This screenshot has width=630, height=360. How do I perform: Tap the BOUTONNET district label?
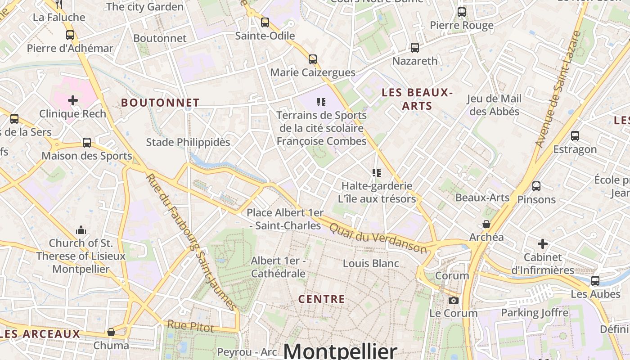click(x=160, y=103)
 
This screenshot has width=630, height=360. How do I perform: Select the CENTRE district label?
click(x=321, y=299)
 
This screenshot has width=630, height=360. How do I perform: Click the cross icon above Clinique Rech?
click(x=73, y=100)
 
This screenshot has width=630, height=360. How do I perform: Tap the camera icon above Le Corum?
click(x=454, y=300)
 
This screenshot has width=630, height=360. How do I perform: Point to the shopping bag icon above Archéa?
click(x=486, y=224)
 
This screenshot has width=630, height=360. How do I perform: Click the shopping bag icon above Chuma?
click(x=111, y=333)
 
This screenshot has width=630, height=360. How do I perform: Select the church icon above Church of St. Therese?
click(x=81, y=230)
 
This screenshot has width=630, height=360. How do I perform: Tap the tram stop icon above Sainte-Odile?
click(x=265, y=22)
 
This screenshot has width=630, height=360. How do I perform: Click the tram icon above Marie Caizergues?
click(x=312, y=59)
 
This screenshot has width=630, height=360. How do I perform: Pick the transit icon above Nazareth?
click(x=415, y=47)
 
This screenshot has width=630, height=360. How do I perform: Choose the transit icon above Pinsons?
click(x=536, y=186)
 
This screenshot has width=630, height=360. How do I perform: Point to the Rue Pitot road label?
click(x=190, y=326)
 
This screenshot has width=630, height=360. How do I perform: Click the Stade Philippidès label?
click(x=188, y=142)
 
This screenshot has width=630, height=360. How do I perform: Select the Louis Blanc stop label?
click(x=371, y=263)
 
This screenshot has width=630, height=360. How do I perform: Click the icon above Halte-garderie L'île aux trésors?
click(x=377, y=172)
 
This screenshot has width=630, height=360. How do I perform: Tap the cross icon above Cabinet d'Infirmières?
click(x=543, y=244)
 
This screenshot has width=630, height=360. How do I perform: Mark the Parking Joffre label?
click(x=535, y=312)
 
